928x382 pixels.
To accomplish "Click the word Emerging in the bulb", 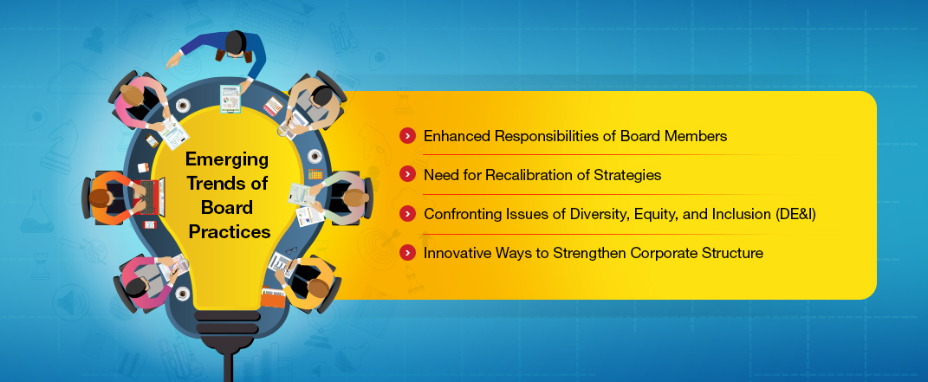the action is pyautogui.click(x=227, y=159).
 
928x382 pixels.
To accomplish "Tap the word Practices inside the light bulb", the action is pyautogui.click(x=230, y=231).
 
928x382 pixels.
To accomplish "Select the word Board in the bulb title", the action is pyautogui.click(x=227, y=207).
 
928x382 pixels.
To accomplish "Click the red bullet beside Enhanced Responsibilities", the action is pyautogui.click(x=407, y=136).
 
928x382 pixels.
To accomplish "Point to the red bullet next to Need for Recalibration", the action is pyautogui.click(x=407, y=174).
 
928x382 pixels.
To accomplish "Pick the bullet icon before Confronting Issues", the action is pyautogui.click(x=407, y=213).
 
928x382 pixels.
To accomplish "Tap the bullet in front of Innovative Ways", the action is pyautogui.click(x=407, y=252).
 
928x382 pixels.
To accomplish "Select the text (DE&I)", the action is pyautogui.click(x=795, y=214).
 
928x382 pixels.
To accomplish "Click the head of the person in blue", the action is pyautogui.click(x=236, y=42).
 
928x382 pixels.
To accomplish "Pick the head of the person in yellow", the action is pyautogui.click(x=317, y=288).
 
